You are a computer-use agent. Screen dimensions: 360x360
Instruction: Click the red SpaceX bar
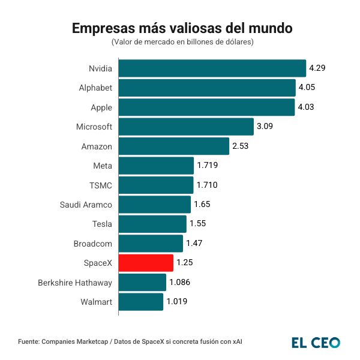click(146, 263)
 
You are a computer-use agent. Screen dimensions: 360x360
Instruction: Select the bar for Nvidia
click(212, 68)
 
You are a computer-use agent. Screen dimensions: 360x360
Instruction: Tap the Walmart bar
click(141, 301)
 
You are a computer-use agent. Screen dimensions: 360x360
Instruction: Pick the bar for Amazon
click(174, 146)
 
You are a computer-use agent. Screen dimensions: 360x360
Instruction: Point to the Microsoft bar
click(186, 127)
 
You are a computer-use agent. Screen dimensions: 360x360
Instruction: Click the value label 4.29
click(317, 68)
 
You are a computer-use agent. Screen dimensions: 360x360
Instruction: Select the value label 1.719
click(207, 166)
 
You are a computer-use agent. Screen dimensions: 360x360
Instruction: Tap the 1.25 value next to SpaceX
click(184, 263)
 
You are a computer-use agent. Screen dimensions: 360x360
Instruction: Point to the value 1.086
click(179, 282)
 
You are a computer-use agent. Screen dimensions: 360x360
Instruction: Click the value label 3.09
click(265, 127)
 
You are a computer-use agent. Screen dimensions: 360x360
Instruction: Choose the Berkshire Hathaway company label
click(75, 282)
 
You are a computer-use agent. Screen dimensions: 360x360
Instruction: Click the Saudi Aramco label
click(86, 205)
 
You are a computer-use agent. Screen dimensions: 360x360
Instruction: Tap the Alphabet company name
click(95, 88)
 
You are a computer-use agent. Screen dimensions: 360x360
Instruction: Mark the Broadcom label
click(92, 243)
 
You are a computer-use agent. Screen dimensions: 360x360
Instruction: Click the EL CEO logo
click(316, 343)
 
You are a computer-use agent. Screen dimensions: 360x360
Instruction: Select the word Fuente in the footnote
click(28, 341)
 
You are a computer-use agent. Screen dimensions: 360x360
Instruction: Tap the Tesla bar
click(152, 224)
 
